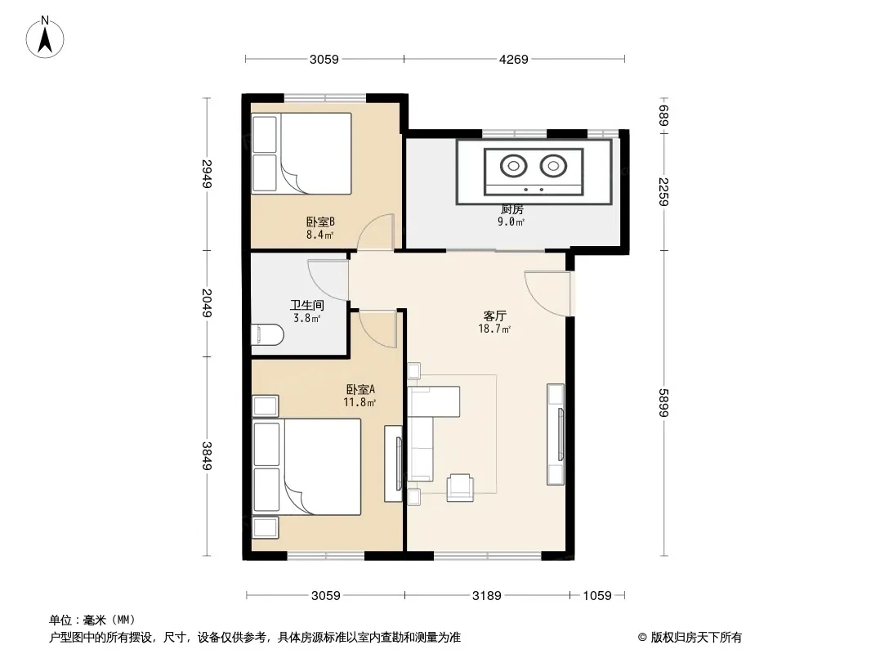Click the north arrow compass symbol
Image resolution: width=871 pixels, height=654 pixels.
pos(45,38)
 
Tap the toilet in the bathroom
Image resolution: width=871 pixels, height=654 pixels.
pos(267,335)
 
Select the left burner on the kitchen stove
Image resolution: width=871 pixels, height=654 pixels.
pos(512,166)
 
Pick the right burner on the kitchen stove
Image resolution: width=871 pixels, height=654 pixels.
pos(553,166)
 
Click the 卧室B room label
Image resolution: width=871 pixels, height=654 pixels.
pos(320,222)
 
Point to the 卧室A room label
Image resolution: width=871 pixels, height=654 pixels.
pos(360,389)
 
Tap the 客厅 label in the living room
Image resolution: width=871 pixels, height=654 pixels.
pos(494,316)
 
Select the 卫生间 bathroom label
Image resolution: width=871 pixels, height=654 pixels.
pos(306,305)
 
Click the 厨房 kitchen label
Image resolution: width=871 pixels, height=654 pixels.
pos(511,209)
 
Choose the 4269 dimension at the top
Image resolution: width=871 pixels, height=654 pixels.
pos(514,59)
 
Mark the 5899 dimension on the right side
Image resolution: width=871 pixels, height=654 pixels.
pos(663,403)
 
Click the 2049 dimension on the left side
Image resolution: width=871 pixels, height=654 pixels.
pos(207,302)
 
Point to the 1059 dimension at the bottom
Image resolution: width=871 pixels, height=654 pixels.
pos(597,596)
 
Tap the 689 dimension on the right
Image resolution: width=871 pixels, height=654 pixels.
pos(663,115)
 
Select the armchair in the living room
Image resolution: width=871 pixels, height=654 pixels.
pos(460,488)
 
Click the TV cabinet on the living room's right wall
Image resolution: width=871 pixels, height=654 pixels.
pos(556,434)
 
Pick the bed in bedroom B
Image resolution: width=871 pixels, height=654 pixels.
pos(301,154)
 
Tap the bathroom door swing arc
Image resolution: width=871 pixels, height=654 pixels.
pos(328,280)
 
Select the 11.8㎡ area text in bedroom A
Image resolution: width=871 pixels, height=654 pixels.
pos(360,402)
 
